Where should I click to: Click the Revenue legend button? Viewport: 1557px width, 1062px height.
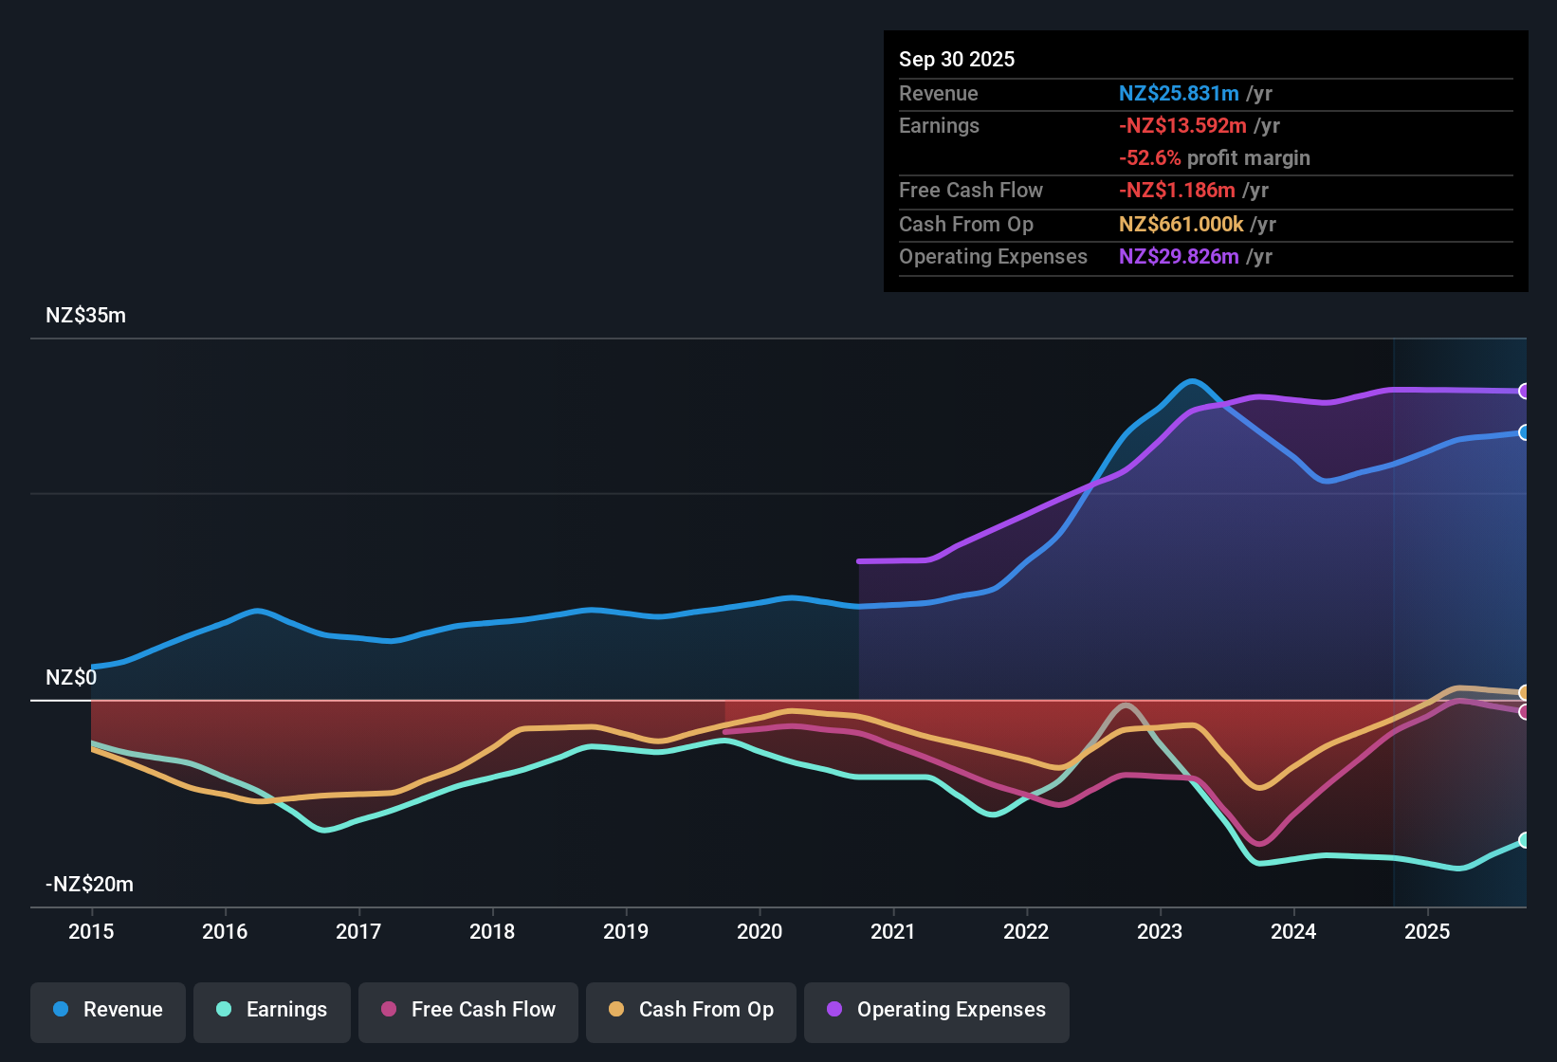pyautogui.click(x=108, y=1010)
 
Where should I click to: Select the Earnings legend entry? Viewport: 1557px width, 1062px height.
pyautogui.click(x=272, y=1010)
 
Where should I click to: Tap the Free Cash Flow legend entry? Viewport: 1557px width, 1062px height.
pyautogui.click(x=468, y=1010)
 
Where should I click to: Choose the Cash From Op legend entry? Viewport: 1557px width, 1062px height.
pyautogui.click(x=691, y=1010)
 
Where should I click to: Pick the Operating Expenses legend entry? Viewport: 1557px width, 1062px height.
pyautogui.click(x=937, y=1010)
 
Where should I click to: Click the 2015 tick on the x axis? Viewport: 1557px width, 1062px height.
pyautogui.click(x=91, y=931)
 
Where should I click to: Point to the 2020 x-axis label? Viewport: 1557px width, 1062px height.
pyautogui.click(x=760, y=931)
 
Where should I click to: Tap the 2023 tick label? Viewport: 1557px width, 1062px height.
pyautogui.click(x=1160, y=931)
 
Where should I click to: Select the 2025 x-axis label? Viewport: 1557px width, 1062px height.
pyautogui.click(x=1427, y=931)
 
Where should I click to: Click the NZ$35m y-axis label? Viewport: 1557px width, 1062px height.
pyautogui.click(x=85, y=316)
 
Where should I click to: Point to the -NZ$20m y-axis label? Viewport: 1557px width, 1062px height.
pyautogui.click(x=89, y=885)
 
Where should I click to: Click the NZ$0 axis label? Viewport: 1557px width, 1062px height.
pyautogui.click(x=71, y=678)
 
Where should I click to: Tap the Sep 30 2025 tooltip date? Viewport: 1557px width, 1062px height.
pyautogui.click(x=957, y=59)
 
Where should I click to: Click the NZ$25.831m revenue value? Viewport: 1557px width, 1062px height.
pyautogui.click(x=1179, y=93)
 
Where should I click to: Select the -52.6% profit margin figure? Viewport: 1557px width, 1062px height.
pyautogui.click(x=1149, y=157)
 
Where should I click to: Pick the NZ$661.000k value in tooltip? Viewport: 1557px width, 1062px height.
pyautogui.click(x=1181, y=224)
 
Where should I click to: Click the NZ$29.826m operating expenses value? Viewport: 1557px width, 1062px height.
pyautogui.click(x=1179, y=256)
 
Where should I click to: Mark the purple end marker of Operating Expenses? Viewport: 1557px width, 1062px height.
pyautogui.click(x=1524, y=391)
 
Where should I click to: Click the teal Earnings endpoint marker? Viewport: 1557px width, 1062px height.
pyautogui.click(x=1524, y=840)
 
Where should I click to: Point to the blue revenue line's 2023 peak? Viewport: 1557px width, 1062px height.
pyautogui.click(x=1192, y=381)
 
